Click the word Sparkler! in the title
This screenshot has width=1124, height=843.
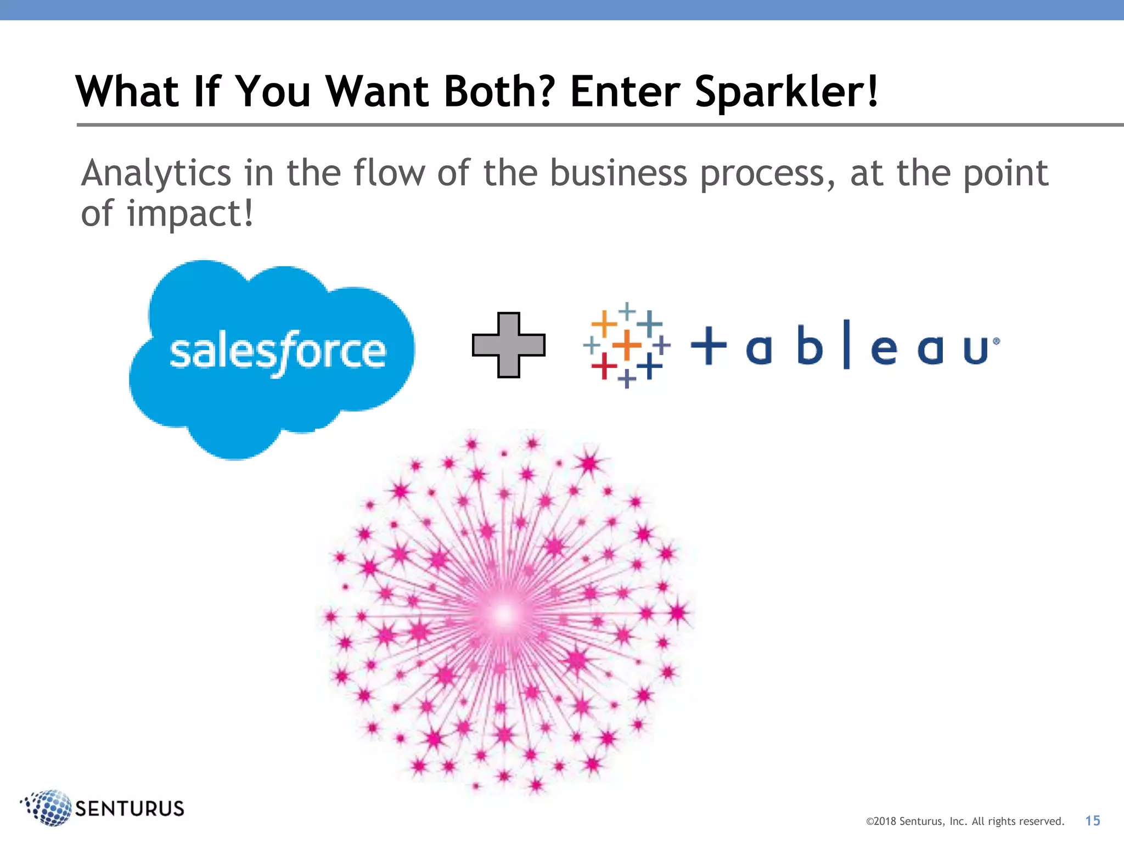tap(786, 92)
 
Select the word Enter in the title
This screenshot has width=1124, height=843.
tap(626, 91)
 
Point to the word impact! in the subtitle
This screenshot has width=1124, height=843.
tap(190, 213)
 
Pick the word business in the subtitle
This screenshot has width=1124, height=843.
tap(619, 173)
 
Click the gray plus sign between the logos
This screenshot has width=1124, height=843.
tap(509, 345)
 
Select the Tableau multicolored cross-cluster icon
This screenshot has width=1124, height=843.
tap(627, 345)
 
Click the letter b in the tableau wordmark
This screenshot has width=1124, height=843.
tap(810, 345)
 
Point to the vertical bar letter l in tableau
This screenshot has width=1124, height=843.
tap(847, 344)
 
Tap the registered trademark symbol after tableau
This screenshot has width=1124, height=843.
tap(996, 341)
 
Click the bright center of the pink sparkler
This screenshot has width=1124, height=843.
tap(503, 615)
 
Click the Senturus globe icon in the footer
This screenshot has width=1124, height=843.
tap(48, 808)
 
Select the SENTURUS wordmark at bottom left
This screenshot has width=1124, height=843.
tap(130, 808)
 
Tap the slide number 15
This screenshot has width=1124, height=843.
tap(1092, 821)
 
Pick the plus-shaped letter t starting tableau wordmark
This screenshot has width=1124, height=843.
tap(709, 345)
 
